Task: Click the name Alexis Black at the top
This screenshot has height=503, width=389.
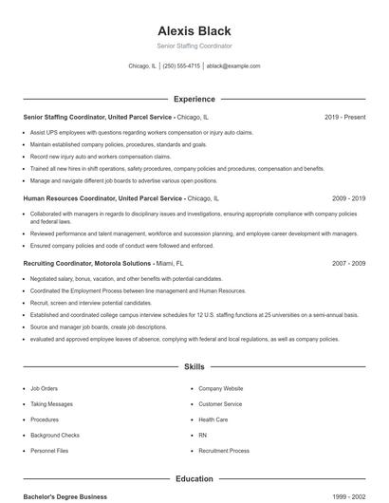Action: tap(194, 30)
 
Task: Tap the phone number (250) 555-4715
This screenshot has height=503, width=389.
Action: tap(181, 66)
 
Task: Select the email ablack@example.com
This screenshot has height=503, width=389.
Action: tap(233, 66)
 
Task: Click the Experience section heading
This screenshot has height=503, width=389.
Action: tap(194, 99)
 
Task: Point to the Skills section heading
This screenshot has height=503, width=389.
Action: tap(194, 365)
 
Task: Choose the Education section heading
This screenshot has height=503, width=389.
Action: tap(194, 479)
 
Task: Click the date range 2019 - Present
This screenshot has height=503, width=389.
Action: tap(344, 117)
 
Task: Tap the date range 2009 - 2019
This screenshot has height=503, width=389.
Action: tap(349, 199)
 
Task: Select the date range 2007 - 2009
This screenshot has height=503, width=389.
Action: tap(349, 262)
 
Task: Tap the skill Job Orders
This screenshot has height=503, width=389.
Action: tap(44, 388)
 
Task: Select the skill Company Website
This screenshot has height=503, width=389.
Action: tap(220, 388)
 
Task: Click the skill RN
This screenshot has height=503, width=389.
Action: tap(202, 435)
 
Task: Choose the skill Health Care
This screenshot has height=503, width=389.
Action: tap(213, 419)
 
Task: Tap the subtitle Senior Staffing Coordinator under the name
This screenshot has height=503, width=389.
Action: tap(194, 46)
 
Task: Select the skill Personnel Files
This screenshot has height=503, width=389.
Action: tap(48, 451)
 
